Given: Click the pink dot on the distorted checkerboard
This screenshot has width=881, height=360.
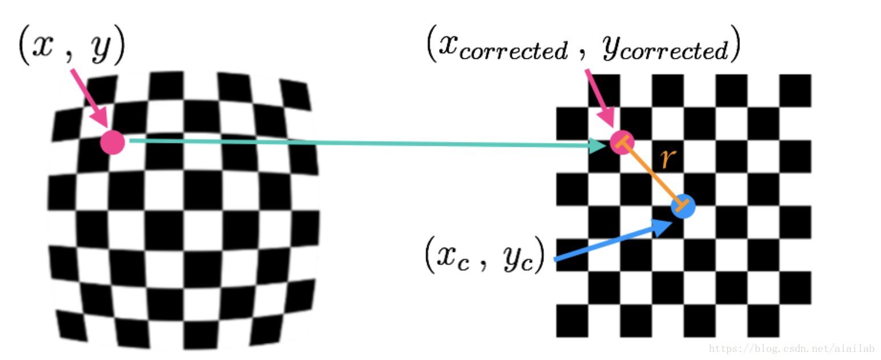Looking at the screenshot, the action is click(x=113, y=142).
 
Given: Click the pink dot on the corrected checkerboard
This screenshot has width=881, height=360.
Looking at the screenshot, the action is click(x=622, y=142).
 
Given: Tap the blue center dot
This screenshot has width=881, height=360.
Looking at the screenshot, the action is click(x=683, y=206).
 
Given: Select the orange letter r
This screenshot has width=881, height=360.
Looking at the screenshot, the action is click(x=668, y=159).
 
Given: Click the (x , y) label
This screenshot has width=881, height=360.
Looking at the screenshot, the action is click(x=72, y=45).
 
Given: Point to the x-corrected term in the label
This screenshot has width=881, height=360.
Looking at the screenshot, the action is click(x=503, y=47).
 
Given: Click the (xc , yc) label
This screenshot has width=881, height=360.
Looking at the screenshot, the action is click(x=485, y=254).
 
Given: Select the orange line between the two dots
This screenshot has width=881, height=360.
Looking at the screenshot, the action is click(x=652, y=174).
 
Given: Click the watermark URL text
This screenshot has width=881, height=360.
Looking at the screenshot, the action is click(x=792, y=349).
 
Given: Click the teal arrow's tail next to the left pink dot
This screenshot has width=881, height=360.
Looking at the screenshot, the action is click(x=131, y=141).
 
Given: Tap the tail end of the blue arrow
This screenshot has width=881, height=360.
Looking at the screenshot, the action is click(x=555, y=259).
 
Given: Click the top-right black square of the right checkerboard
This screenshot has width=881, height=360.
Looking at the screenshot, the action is click(x=795, y=90).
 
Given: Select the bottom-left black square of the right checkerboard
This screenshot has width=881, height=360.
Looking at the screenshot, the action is click(x=572, y=321).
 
